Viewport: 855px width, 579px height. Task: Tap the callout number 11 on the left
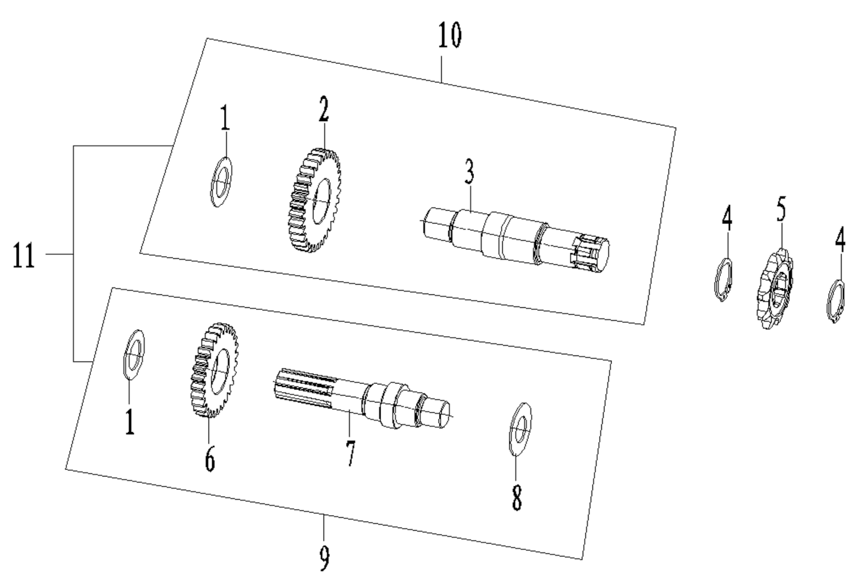24,255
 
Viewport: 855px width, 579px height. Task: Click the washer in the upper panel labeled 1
220,182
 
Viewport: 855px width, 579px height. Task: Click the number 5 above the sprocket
781,209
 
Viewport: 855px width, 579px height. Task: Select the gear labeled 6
214,370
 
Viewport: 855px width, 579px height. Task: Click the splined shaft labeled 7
359,397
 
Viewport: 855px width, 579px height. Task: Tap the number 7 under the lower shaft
350,453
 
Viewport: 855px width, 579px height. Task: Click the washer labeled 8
519,427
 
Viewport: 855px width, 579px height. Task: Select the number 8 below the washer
516,498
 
